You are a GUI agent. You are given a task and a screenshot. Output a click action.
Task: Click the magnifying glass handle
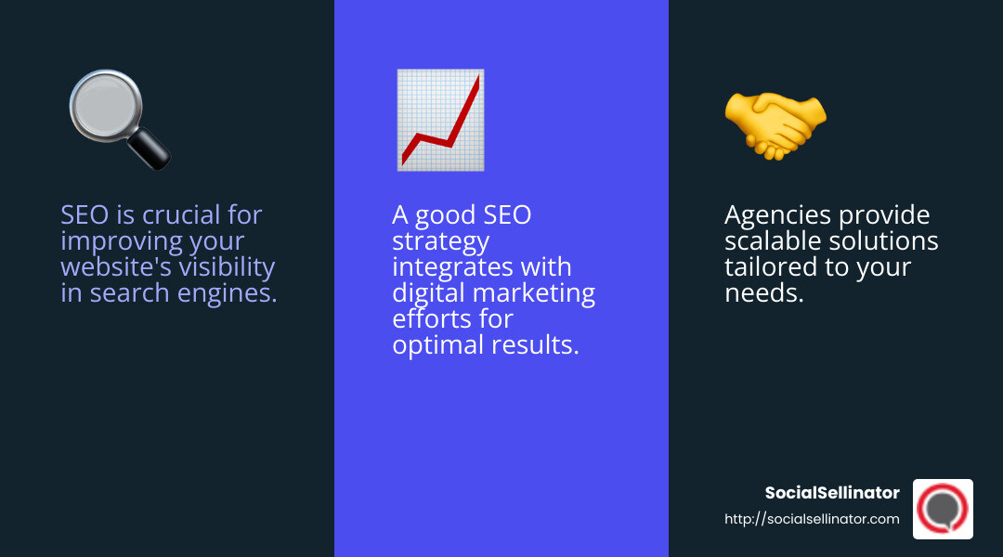[x=150, y=148]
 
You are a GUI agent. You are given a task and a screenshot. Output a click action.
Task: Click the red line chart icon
[x=439, y=120]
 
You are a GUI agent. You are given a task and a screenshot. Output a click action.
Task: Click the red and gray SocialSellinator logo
[x=943, y=509]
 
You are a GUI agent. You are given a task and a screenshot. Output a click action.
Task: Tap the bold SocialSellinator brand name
[x=832, y=493]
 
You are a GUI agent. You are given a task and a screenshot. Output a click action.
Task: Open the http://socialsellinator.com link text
[x=812, y=519]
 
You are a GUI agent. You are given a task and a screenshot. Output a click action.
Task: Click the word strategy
[x=440, y=241]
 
